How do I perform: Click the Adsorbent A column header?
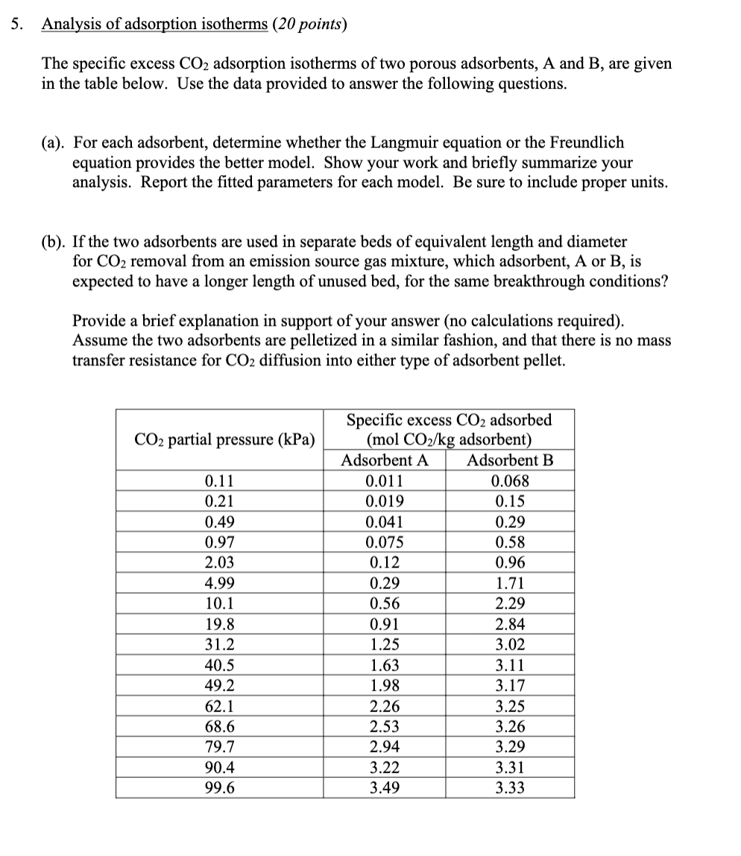384,460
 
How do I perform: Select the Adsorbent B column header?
510,460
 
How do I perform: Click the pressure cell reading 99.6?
220,787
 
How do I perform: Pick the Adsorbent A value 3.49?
384,787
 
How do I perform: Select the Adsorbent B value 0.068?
510,481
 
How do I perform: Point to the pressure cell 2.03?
220,562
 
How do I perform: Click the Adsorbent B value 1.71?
510,583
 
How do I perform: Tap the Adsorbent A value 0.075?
384,542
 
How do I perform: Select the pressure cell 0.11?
220,481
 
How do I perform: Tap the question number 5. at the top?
16,24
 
